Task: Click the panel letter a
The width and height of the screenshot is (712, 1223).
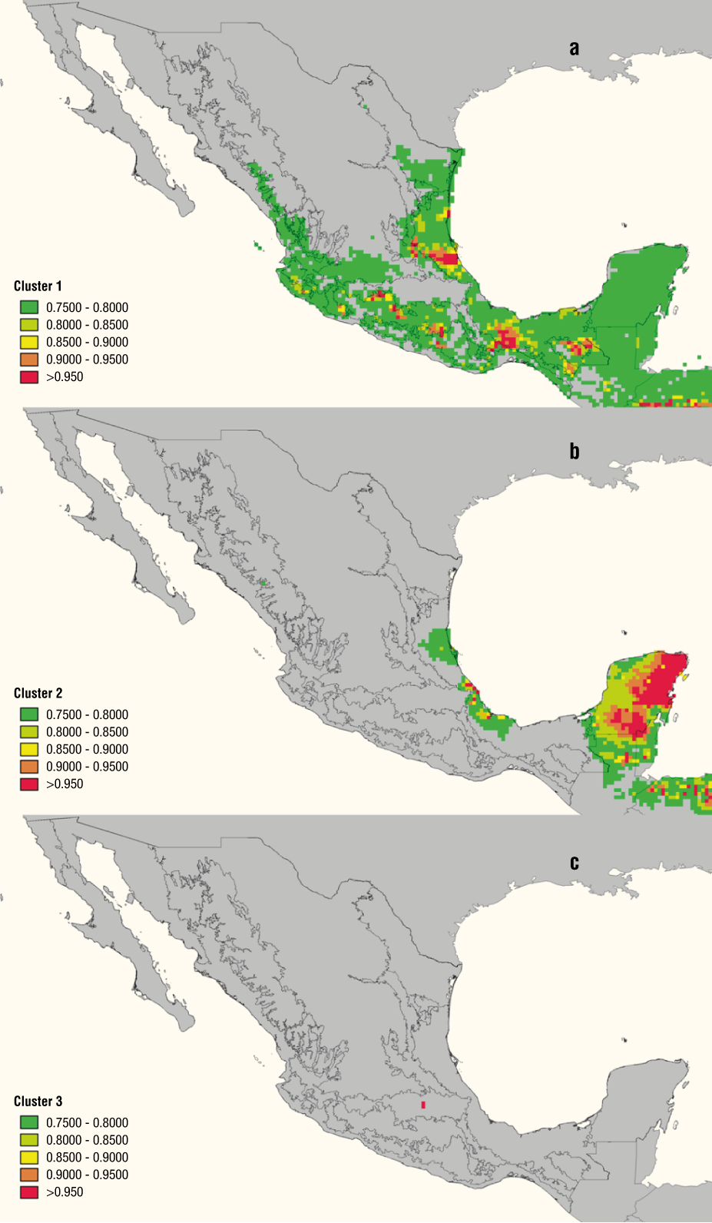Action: pyautogui.click(x=574, y=48)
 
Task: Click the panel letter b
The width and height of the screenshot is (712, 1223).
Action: pyautogui.click(x=575, y=452)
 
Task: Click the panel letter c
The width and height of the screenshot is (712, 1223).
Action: pyautogui.click(x=575, y=863)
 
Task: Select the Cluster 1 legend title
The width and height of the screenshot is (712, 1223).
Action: pyautogui.click(x=38, y=286)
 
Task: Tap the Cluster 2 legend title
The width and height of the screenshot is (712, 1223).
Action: pyautogui.click(x=38, y=693)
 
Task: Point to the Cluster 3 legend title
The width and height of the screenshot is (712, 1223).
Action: pyautogui.click(x=38, y=1101)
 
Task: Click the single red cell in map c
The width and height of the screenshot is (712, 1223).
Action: pyautogui.click(x=422, y=1105)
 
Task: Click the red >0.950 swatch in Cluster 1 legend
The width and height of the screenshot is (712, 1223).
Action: pyautogui.click(x=29, y=377)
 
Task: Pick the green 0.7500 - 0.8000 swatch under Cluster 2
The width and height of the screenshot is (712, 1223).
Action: pyautogui.click(x=29, y=714)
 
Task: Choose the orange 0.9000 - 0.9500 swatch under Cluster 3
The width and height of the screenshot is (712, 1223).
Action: pyautogui.click(x=29, y=1175)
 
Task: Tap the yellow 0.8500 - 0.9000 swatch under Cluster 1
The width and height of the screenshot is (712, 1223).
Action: pyautogui.click(x=29, y=342)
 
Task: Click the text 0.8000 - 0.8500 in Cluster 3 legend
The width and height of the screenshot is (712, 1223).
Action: pyautogui.click(x=87, y=1140)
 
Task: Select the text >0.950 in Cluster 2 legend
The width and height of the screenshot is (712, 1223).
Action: pyautogui.click(x=65, y=784)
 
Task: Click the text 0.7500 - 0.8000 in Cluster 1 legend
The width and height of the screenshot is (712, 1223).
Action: pyautogui.click(x=87, y=307)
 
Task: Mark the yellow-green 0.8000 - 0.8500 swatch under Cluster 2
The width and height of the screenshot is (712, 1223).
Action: pyautogui.click(x=29, y=732)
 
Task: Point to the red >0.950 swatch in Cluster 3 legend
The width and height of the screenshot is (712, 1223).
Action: pyautogui.click(x=29, y=1192)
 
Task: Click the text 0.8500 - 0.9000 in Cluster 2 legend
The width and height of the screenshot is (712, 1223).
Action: pyautogui.click(x=87, y=749)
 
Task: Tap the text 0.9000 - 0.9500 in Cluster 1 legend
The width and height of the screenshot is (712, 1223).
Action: pyautogui.click(x=87, y=360)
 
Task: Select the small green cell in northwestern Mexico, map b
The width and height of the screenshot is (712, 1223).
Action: pyautogui.click(x=263, y=584)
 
